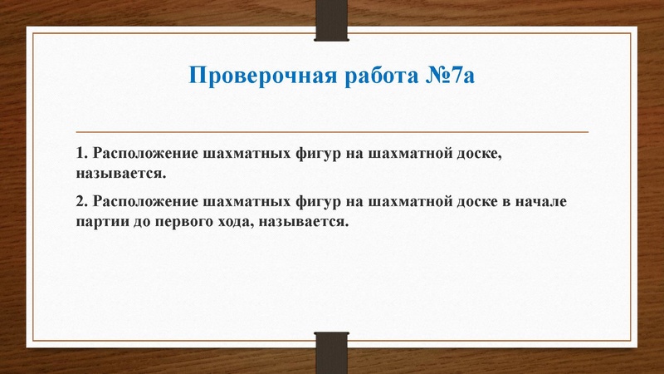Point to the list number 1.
pos(80,155)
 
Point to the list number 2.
pos(80,203)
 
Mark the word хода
pos(238,223)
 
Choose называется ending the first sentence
pos(120,175)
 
